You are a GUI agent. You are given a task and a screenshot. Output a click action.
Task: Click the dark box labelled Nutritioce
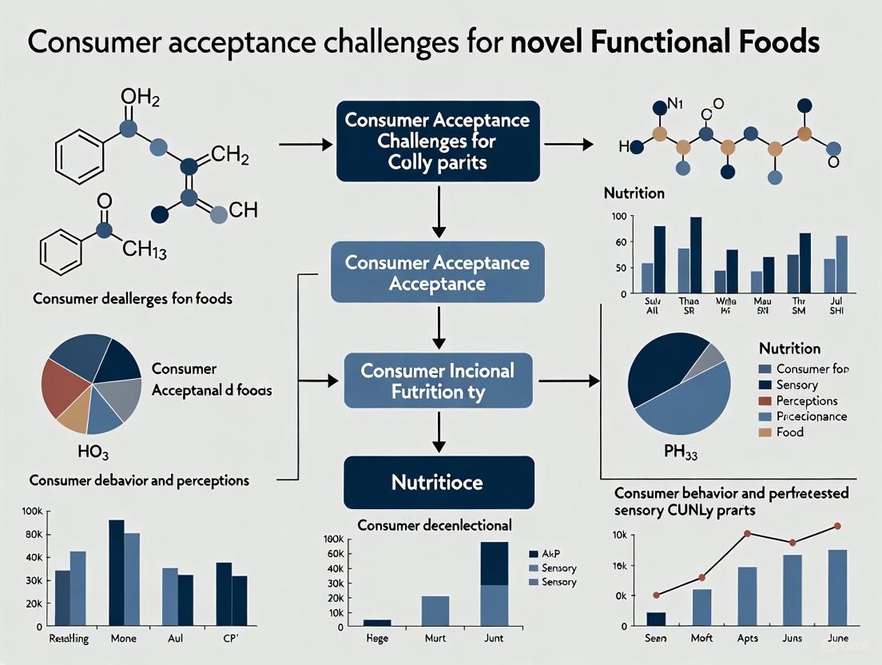tap(438, 482)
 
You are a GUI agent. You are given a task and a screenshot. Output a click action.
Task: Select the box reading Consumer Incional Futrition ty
tap(438, 381)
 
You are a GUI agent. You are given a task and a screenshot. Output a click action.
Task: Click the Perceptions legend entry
tap(807, 400)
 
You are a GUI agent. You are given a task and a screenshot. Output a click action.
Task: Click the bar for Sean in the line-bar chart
tap(656, 619)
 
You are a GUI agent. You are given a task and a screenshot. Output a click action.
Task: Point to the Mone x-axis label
tap(124, 639)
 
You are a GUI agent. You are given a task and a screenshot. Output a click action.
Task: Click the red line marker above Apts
tap(747, 533)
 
